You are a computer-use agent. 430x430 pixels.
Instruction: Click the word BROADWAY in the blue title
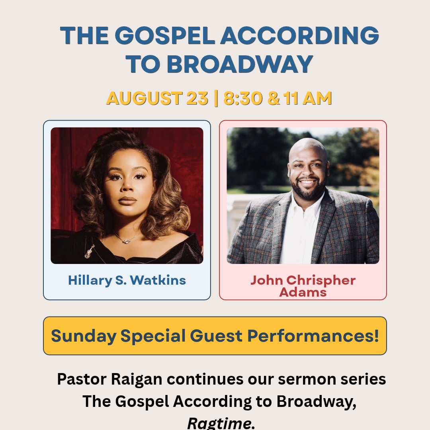(x=240, y=64)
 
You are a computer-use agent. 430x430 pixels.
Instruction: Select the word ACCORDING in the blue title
(x=300, y=35)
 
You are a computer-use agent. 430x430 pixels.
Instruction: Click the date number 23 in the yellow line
(x=197, y=98)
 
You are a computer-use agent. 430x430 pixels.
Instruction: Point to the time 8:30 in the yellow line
(x=243, y=98)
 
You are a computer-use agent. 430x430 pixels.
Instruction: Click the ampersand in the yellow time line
(x=274, y=98)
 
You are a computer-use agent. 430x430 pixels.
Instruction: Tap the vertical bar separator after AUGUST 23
(x=216, y=98)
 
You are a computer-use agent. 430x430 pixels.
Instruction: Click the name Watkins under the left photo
(x=158, y=280)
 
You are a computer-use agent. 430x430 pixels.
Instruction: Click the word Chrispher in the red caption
(x=321, y=281)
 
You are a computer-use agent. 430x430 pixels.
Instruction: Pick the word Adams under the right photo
(x=303, y=292)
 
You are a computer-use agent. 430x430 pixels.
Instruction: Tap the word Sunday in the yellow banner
(x=84, y=336)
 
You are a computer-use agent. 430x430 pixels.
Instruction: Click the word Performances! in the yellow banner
(x=313, y=336)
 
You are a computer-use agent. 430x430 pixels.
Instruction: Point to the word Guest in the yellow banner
(x=216, y=336)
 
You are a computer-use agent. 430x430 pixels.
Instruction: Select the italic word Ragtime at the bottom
(x=221, y=423)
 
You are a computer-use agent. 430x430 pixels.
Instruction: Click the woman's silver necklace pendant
(x=126, y=241)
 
